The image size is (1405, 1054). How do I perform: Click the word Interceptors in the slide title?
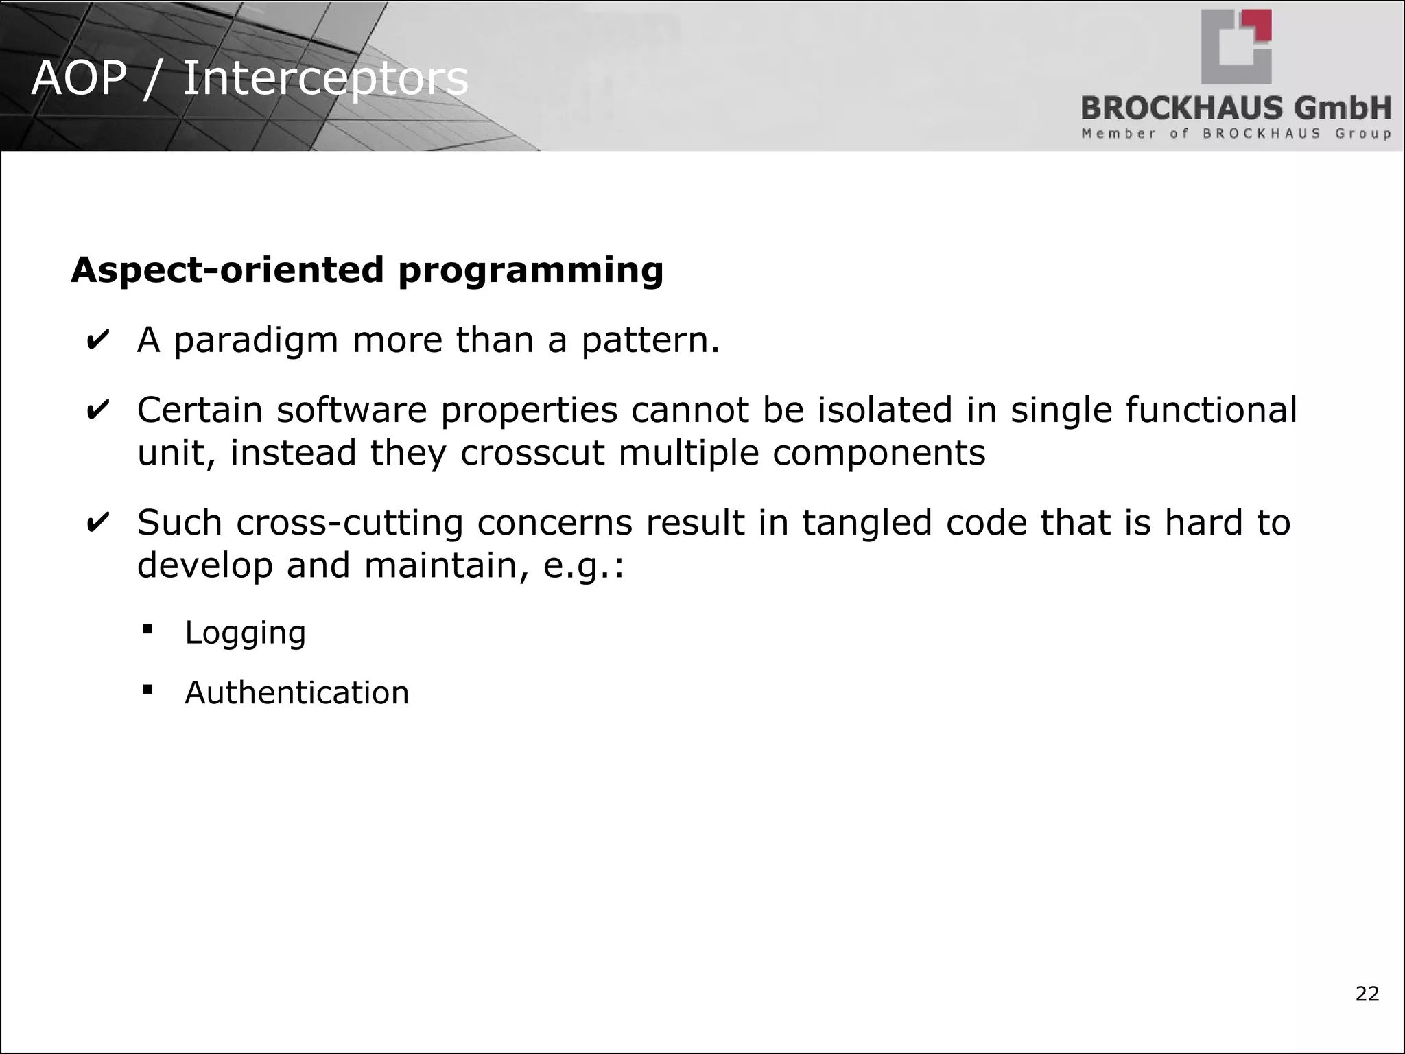pos(325,78)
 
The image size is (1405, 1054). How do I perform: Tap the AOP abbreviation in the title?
pos(79,78)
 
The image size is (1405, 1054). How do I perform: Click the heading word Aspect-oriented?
pos(227,270)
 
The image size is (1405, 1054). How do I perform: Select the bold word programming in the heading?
pos(530,270)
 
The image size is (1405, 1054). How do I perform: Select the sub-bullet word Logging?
pos(245,633)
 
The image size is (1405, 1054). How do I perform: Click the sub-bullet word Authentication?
pos(296,692)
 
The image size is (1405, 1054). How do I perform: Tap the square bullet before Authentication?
pos(147,689)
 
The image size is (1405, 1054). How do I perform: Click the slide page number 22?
pos(1367,994)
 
